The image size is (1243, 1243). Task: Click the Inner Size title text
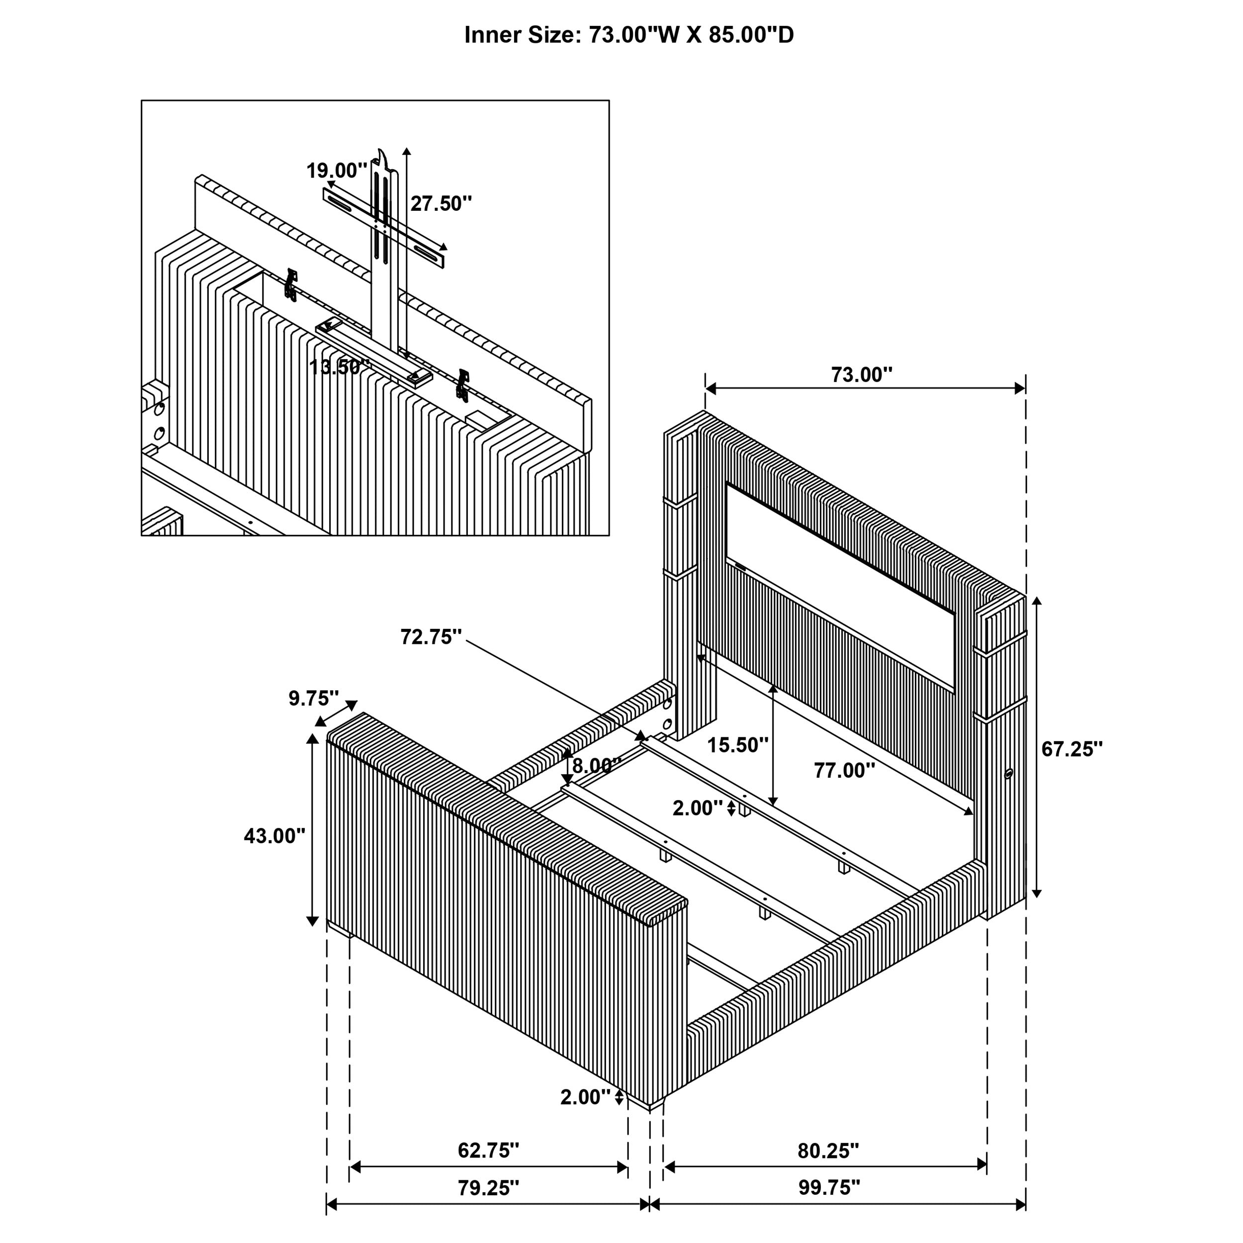628,35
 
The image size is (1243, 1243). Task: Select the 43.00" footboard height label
274,836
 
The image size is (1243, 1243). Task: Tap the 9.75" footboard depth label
313,698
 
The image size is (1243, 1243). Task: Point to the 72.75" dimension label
431,637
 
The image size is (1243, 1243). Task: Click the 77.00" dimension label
844,770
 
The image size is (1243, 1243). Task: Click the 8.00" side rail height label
596,766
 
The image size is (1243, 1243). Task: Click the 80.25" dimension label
828,1151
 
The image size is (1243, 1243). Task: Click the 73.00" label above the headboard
862,374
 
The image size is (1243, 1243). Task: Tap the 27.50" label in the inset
442,203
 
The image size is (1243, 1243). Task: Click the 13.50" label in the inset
340,367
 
